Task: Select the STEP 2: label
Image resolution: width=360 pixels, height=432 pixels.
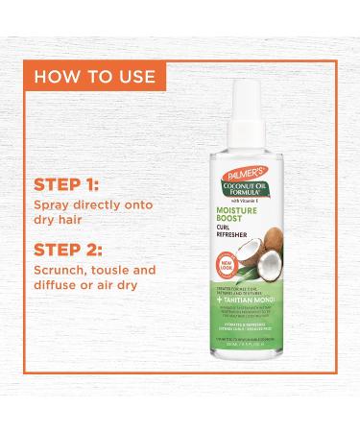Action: pyautogui.click(x=71, y=252)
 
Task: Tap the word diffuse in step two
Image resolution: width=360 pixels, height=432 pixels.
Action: pyautogui.click(x=58, y=289)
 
